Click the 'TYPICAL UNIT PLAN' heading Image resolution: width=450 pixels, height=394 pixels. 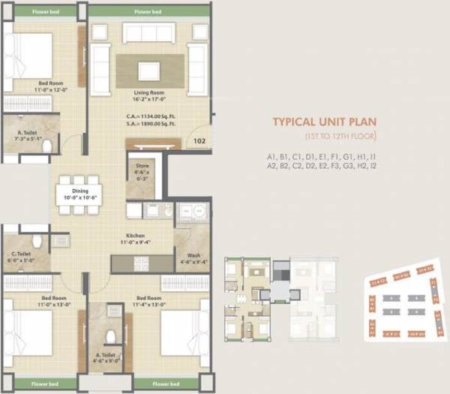323,122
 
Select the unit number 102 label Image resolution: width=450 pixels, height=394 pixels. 199,140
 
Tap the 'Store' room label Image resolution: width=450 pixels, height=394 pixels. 142,166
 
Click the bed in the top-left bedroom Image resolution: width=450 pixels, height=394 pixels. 27,57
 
